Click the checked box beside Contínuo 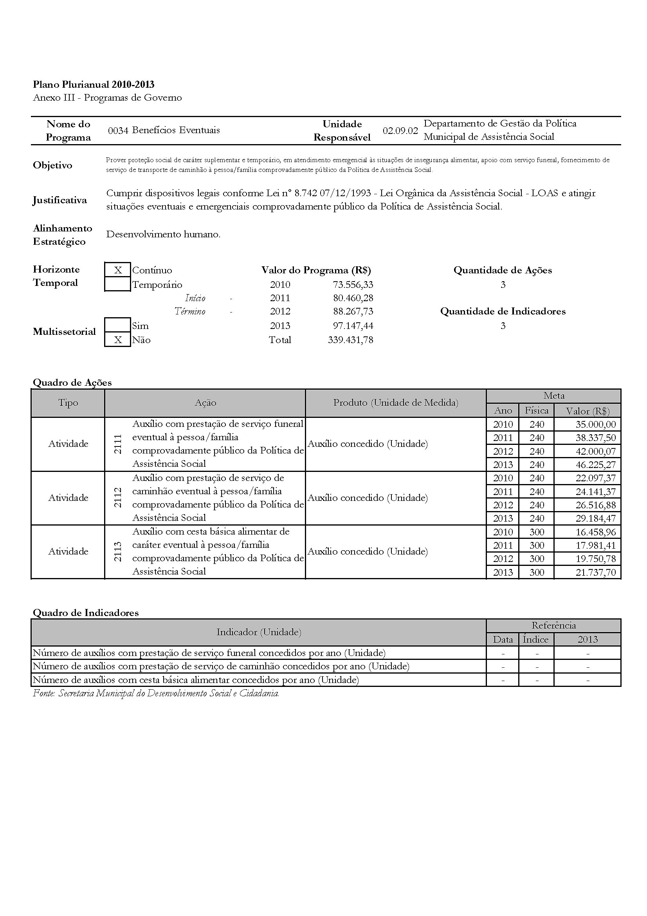(x=117, y=270)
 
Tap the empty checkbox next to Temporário (x=117, y=284)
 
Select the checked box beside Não (x=117, y=340)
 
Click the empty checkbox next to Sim (x=117, y=325)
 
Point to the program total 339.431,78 (x=350, y=340)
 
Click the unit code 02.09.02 (x=400, y=130)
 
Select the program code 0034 (x=118, y=130)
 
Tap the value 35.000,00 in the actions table (x=596, y=425)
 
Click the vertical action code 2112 (x=118, y=498)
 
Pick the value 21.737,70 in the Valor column (x=596, y=573)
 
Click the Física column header (x=536, y=410)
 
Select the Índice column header (x=536, y=640)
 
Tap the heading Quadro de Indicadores (x=86, y=613)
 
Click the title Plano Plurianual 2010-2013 (x=94, y=84)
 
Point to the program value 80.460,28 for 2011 (x=353, y=298)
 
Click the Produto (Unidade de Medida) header (x=395, y=403)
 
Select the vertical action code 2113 (x=118, y=552)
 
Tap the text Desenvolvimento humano (x=163, y=234)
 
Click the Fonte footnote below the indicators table (x=156, y=694)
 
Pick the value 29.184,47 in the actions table (x=596, y=519)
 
